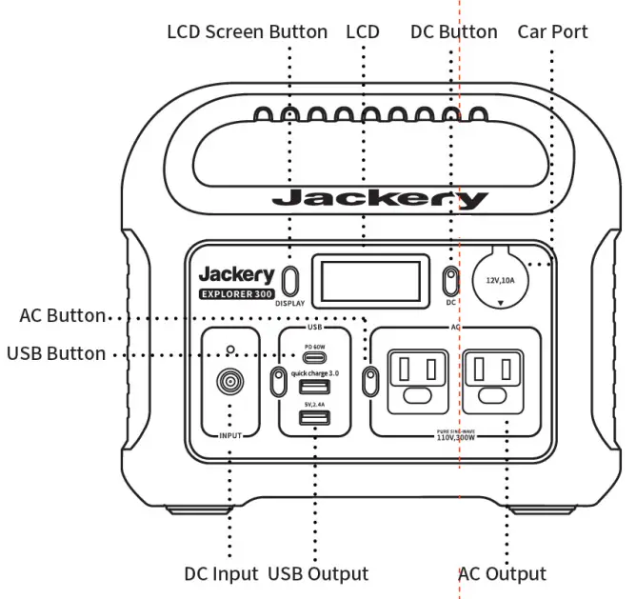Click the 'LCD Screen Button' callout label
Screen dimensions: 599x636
(247, 31)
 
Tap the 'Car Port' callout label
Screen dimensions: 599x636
(552, 31)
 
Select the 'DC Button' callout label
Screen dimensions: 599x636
(453, 31)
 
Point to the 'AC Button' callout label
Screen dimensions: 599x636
(63, 315)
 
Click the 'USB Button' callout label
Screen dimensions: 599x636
(56, 353)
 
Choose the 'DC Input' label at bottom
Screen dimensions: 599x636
(221, 574)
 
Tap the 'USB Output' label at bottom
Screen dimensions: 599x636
(318, 574)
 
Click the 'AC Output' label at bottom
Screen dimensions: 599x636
(503, 574)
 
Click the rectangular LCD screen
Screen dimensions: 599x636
(363, 280)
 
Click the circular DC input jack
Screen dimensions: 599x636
(229, 383)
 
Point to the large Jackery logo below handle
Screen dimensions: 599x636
(379, 199)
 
